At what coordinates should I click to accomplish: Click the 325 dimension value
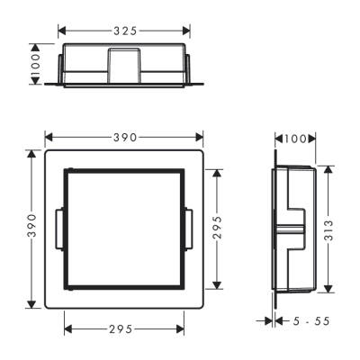(126, 31)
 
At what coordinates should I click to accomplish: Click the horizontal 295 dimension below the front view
(126, 328)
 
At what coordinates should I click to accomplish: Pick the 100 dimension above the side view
(293, 138)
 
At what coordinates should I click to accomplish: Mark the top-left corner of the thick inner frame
(65, 169)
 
